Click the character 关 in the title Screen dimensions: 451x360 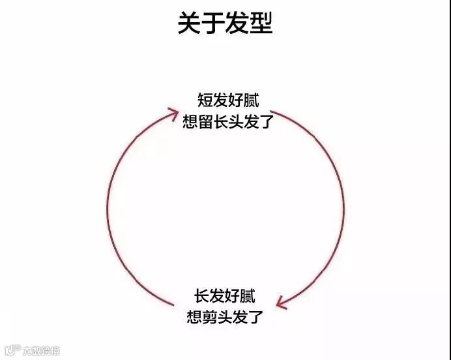(190, 23)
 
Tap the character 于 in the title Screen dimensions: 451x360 (213, 23)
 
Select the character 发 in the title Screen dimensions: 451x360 (237, 23)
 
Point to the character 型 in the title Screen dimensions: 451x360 (261, 23)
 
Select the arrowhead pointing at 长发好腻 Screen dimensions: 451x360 (282, 302)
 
